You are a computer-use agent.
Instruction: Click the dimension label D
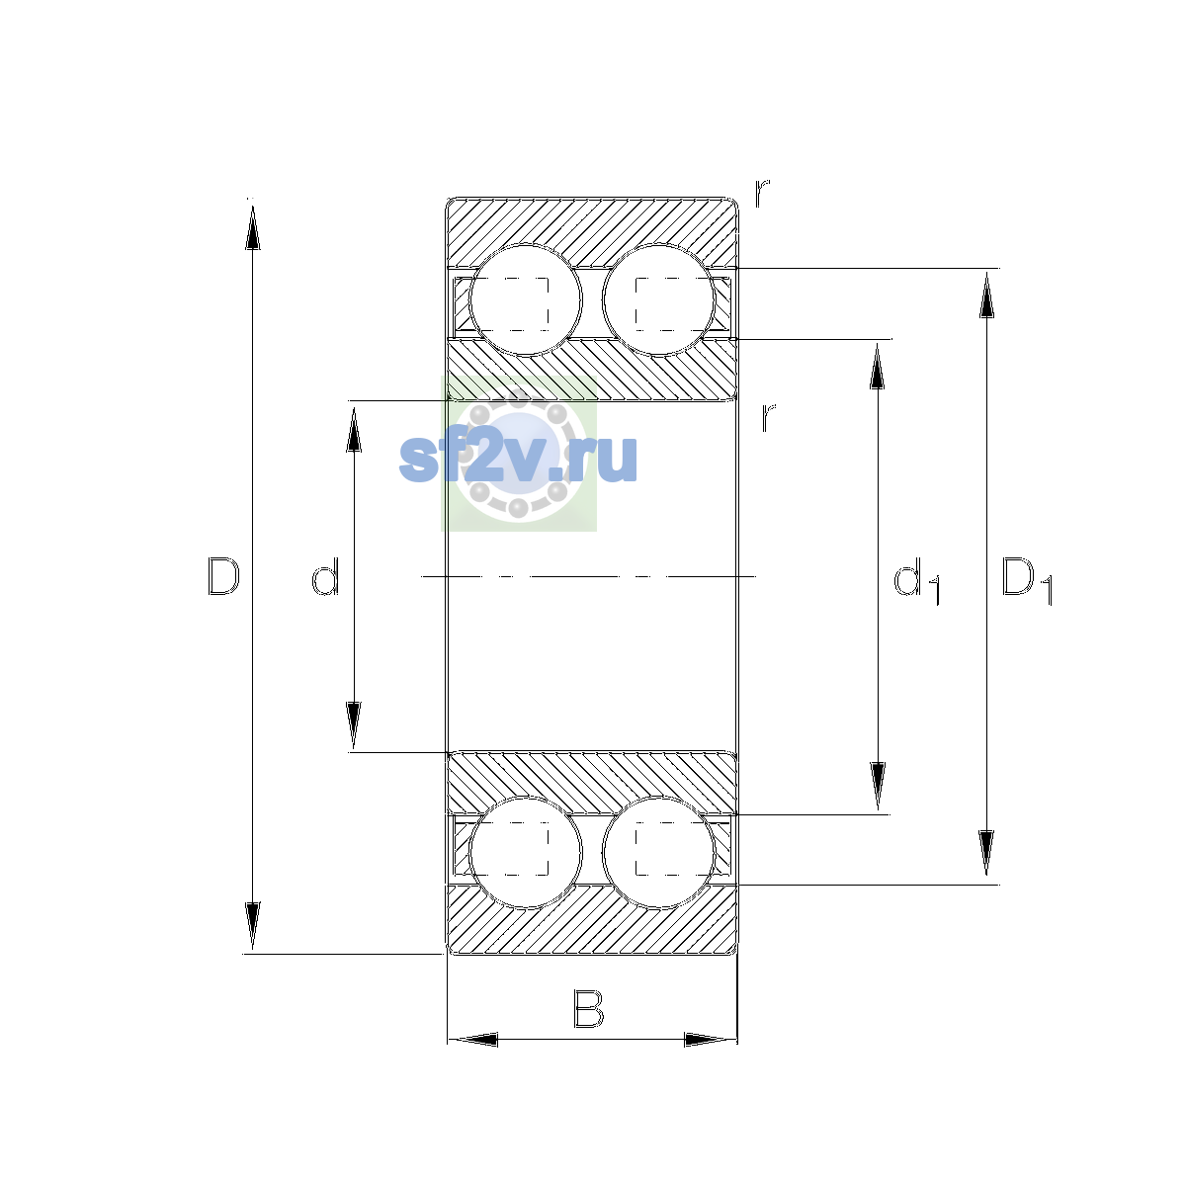(223, 576)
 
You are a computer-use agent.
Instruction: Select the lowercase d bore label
(325, 576)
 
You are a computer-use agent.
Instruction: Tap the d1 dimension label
(917, 580)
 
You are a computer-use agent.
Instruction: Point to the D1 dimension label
(1027, 580)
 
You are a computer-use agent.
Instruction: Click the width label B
(589, 1009)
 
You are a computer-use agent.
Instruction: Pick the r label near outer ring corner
(762, 193)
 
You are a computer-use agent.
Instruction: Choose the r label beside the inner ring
(768, 417)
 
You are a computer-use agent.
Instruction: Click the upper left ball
(525, 300)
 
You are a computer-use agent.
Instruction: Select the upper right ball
(658, 300)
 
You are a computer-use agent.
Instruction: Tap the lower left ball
(525, 852)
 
